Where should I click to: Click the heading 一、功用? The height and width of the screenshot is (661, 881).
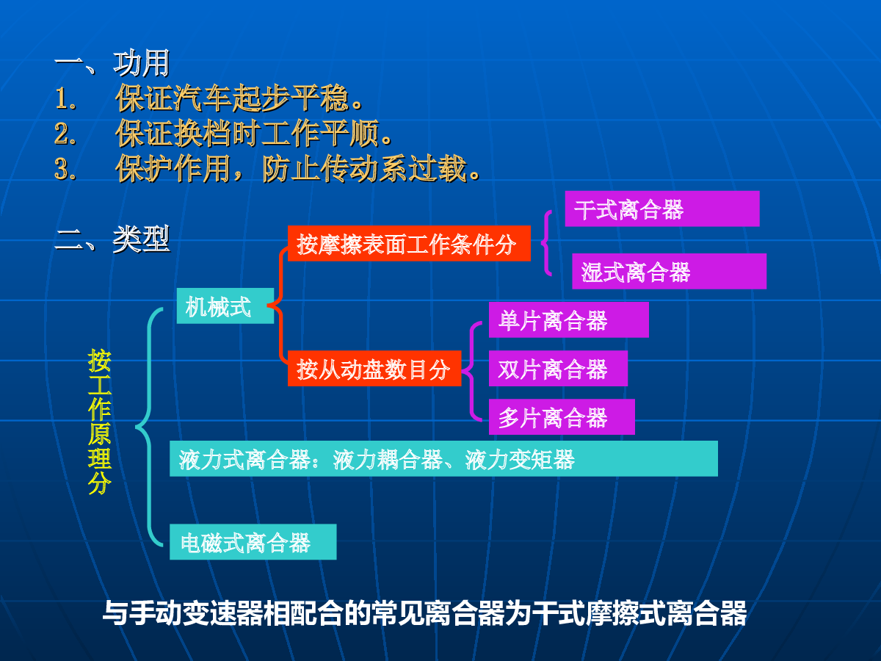tap(112, 63)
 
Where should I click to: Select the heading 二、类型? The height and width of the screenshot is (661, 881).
tap(112, 239)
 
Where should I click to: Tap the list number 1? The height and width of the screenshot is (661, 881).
tap(65, 98)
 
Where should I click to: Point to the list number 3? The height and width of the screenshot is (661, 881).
tap(65, 169)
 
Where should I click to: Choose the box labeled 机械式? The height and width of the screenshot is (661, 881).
tap(225, 306)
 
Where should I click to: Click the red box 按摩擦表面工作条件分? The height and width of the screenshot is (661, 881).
tap(409, 243)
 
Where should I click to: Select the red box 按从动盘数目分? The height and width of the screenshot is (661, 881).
tap(374, 369)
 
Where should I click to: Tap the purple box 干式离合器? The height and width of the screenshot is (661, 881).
tap(662, 209)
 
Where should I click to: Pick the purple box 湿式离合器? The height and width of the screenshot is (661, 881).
tap(669, 271)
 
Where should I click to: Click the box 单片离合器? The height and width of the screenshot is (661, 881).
tap(569, 320)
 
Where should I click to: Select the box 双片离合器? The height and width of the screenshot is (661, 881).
tap(558, 369)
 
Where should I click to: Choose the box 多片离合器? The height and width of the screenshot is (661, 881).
tap(562, 417)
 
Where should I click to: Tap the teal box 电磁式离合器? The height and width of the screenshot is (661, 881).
tap(253, 542)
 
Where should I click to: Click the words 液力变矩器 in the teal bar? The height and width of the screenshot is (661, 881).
tap(520, 460)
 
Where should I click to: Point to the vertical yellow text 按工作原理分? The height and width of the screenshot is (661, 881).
tap(99, 422)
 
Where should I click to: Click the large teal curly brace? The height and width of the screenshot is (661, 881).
tap(149, 427)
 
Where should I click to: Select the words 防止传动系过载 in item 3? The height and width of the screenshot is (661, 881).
tap(364, 169)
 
